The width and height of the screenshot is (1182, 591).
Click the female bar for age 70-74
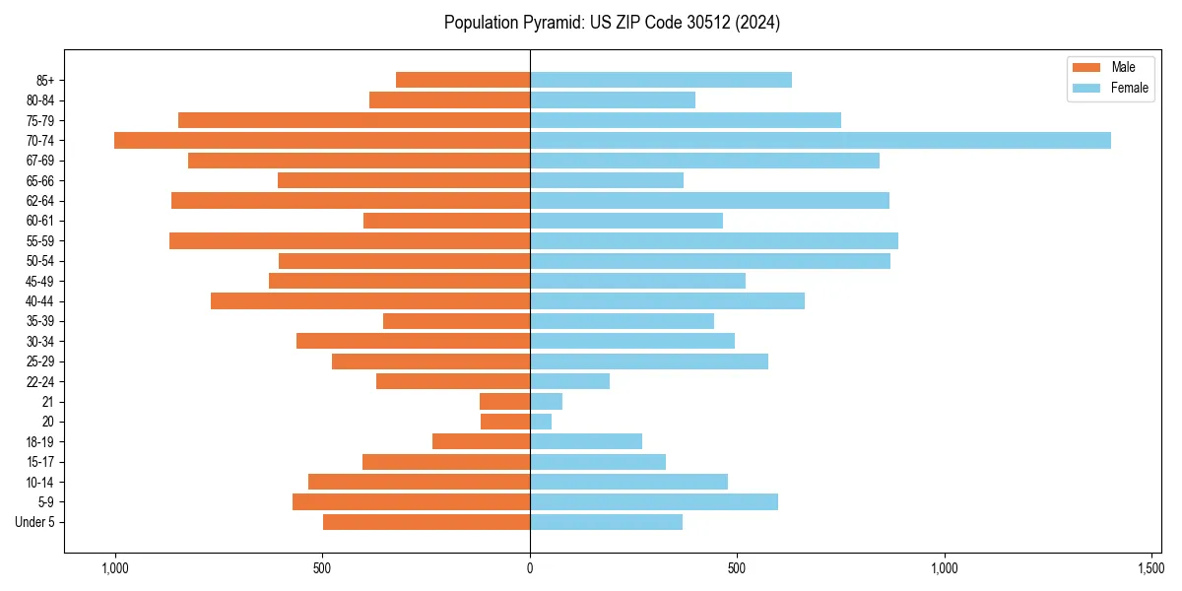click(820, 140)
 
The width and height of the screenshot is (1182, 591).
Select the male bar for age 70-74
click(322, 140)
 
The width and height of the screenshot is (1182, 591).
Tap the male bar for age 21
click(504, 402)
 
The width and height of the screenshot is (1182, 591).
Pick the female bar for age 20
click(541, 422)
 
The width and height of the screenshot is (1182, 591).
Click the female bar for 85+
click(660, 80)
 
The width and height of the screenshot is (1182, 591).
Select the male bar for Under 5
click(426, 522)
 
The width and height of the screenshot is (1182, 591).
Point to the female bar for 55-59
click(713, 240)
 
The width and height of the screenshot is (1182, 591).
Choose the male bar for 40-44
click(369, 300)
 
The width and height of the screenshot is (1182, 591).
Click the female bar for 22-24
click(569, 381)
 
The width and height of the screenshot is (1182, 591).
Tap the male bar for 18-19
click(481, 441)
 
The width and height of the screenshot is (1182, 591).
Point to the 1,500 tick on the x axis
click(1151, 568)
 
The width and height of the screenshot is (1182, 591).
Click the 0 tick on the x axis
click(530, 568)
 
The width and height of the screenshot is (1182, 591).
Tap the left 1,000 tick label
click(115, 568)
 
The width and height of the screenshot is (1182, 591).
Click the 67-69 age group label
click(40, 161)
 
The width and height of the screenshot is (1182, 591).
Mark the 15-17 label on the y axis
click(40, 462)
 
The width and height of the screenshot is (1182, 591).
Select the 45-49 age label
click(40, 281)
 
